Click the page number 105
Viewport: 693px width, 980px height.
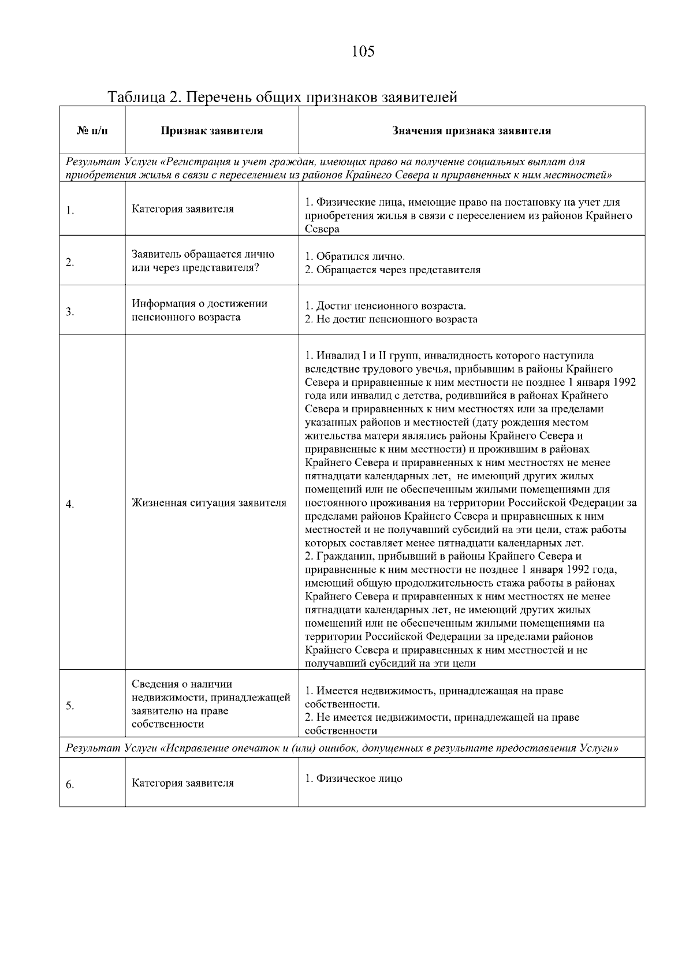(x=363, y=51)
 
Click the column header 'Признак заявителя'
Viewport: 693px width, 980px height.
(x=211, y=131)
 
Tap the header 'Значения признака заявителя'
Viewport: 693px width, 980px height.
(x=471, y=131)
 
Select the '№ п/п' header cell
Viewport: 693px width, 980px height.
(x=92, y=131)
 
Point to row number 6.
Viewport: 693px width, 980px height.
(x=69, y=784)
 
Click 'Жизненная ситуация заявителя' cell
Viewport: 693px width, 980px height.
(x=209, y=503)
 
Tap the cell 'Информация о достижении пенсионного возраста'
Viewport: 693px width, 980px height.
(x=199, y=310)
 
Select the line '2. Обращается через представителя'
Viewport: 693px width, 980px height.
(x=392, y=270)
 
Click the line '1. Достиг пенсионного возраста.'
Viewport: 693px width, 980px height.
(x=385, y=306)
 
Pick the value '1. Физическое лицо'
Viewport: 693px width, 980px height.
(x=353, y=778)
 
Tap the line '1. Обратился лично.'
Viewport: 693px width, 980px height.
(x=355, y=256)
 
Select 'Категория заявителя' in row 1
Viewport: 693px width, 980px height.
(x=182, y=209)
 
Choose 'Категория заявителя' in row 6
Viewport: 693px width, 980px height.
(x=182, y=783)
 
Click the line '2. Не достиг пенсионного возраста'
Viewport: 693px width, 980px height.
(x=391, y=319)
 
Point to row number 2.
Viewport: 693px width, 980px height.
(x=69, y=262)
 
